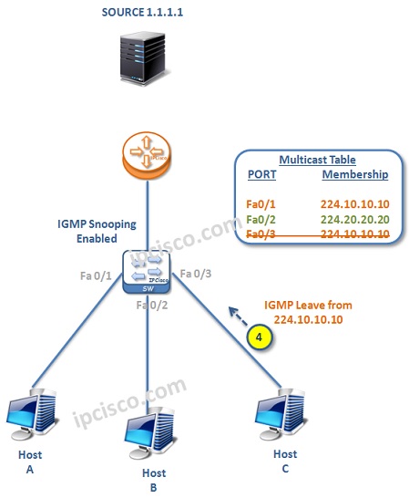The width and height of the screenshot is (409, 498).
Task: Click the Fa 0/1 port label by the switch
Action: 97,275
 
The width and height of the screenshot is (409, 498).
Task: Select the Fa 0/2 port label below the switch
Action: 151,304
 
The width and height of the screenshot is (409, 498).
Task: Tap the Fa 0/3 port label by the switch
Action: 196,273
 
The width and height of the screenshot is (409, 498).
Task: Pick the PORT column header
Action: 262,174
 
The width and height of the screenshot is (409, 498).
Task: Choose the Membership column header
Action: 355,174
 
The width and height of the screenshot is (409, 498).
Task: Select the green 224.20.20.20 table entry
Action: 355,219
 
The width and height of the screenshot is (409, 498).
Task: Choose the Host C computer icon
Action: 285,412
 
